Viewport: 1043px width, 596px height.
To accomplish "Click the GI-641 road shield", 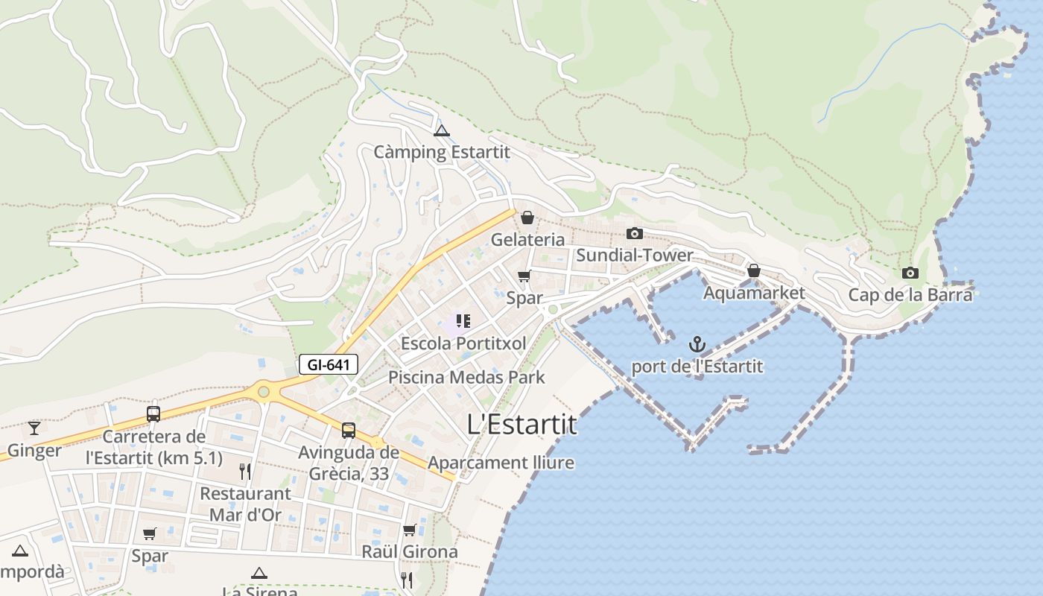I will pos(329,364).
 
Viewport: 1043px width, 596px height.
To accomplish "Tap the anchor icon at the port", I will pos(697,344).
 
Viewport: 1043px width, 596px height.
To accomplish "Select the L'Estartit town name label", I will pos(521,424).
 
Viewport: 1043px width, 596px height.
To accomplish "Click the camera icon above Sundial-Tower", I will pos(635,233).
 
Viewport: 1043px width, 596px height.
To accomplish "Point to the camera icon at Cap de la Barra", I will pos(910,273).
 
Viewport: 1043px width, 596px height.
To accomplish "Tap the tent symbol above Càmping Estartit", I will pos(442,131).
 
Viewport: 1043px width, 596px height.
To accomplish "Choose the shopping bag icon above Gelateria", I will pos(527,218).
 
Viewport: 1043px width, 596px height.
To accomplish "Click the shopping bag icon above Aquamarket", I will pos(754,270).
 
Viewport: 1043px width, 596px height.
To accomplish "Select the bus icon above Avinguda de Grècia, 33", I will pos(348,430).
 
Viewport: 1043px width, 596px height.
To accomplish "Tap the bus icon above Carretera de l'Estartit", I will pos(153,414).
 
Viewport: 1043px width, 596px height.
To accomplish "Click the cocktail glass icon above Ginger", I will pos(34,428).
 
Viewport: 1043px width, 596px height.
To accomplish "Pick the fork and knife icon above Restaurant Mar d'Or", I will pos(245,471).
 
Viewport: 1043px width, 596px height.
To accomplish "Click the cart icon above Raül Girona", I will pos(409,530).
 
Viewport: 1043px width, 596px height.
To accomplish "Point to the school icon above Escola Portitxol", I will pos(463,321).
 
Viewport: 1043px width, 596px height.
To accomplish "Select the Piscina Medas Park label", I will pos(466,377).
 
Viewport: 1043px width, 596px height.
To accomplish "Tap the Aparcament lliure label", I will pos(501,463).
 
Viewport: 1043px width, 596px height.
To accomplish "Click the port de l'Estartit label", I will pos(697,367).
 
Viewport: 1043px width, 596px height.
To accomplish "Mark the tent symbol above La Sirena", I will pos(259,573).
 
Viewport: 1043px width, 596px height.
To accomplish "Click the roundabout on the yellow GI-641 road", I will pos(263,390).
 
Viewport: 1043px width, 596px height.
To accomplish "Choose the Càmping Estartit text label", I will pos(442,152).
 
